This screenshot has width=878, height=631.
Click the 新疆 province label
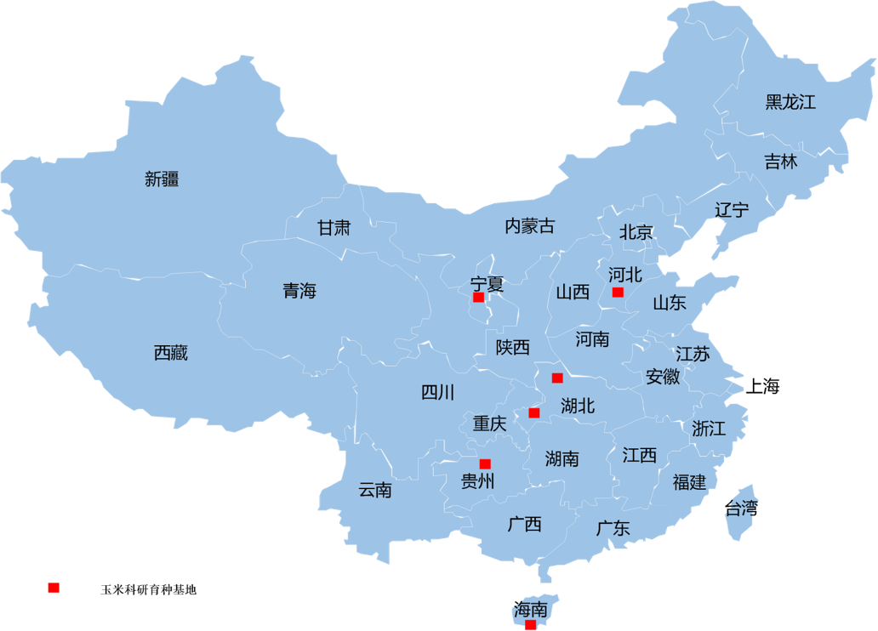click(x=162, y=179)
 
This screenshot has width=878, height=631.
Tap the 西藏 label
click(x=171, y=353)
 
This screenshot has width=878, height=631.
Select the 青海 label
click(x=299, y=291)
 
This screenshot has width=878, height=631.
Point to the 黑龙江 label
click(x=790, y=103)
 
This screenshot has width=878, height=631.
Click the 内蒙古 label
click(x=529, y=225)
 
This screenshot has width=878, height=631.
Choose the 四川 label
click(x=438, y=392)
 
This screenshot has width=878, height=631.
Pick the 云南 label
click(x=375, y=490)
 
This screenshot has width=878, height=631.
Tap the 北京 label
click(x=636, y=232)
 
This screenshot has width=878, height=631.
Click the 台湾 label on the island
click(x=742, y=509)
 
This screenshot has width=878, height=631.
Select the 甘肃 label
click(x=334, y=228)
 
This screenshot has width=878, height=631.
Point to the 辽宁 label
click(x=732, y=210)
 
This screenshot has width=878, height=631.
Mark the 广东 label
click(x=613, y=528)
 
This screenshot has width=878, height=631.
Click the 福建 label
click(x=689, y=482)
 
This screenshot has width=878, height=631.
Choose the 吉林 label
click(x=780, y=162)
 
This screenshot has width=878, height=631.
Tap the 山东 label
click(x=669, y=303)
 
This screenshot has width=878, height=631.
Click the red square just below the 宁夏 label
click(x=478, y=297)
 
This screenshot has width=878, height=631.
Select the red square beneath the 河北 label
click(x=618, y=292)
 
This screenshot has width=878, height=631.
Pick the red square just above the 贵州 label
click(x=485, y=463)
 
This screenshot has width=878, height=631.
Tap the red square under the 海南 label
click(x=530, y=625)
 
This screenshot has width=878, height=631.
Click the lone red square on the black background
click(x=54, y=588)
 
